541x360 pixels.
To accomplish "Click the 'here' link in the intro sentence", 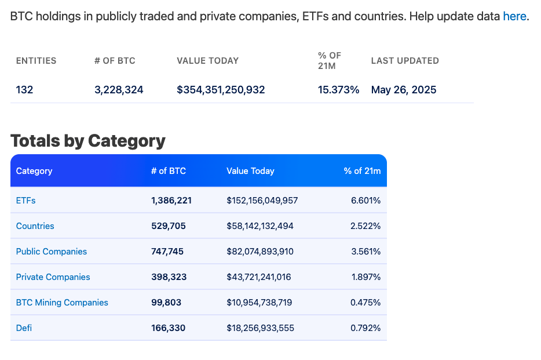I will point(514,16).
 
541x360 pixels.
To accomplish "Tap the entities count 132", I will point(25,90).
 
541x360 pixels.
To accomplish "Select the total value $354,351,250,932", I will point(221,90).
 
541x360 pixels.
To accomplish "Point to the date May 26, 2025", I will point(404,90).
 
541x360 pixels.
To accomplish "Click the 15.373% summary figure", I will point(338,90).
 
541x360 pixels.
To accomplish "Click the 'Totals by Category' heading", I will point(88,141).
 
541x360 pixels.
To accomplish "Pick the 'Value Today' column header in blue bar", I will point(250,171).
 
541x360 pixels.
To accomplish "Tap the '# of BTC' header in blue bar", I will point(169,171).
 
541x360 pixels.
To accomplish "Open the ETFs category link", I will point(26,201).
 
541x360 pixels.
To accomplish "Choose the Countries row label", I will point(35,226).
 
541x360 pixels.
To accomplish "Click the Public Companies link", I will point(52,252).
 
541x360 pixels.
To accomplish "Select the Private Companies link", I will point(53,277).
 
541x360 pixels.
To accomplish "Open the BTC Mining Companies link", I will point(62,303).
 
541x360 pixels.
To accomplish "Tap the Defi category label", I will point(24,328).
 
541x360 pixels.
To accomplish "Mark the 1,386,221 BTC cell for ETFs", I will point(171,201).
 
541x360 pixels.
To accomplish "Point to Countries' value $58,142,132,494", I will point(260,226).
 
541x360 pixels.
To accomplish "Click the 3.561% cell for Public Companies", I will point(365,252).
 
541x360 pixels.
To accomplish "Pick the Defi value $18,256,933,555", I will point(260,328).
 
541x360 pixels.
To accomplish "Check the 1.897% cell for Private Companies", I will point(365,277).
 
